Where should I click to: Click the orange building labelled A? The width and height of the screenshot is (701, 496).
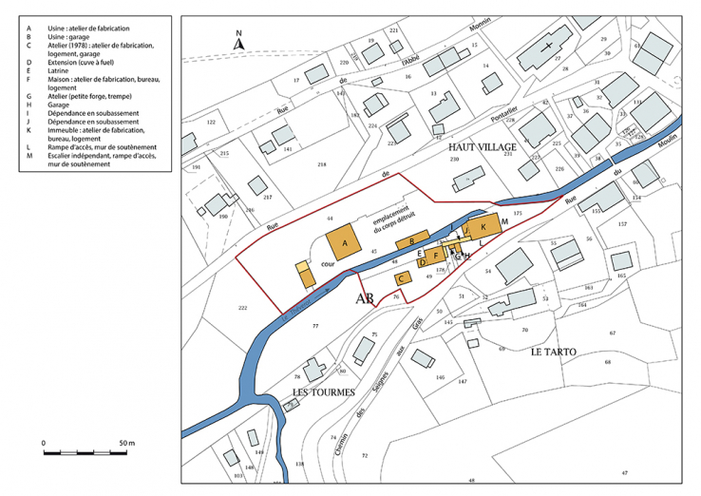coord(345,244)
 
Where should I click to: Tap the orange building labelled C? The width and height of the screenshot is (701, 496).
coord(402,278)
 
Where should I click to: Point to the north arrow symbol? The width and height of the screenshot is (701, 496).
coord(240,40)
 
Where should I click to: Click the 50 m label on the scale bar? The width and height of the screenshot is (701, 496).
coord(126,444)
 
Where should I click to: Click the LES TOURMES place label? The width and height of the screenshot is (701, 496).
coord(323,391)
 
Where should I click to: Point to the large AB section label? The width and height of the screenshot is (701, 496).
coord(365,299)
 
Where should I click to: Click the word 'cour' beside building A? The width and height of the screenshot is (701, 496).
coord(327,267)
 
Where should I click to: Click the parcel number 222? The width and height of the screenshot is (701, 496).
coord(243,309)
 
